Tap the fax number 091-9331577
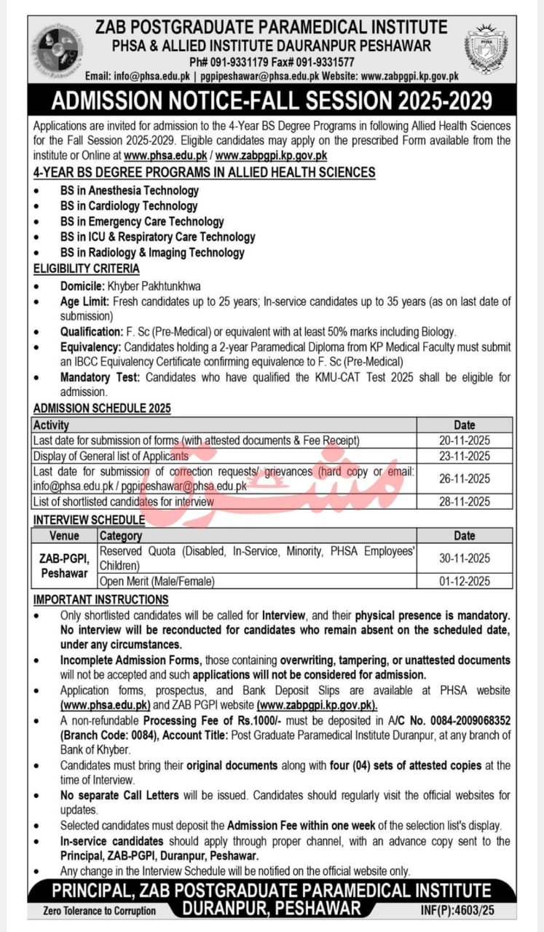pos(322,61)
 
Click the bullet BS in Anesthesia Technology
pos(130,190)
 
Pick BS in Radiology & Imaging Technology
pos(152,253)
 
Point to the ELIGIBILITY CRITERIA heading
pos(86,268)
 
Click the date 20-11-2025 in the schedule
pos(464,441)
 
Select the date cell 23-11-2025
pos(464,456)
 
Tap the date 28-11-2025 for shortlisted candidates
pos(464,502)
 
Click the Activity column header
pos(51,424)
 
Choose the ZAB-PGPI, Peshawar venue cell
pos(64,566)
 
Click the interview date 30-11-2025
pos(464,558)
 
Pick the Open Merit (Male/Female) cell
pos(157,581)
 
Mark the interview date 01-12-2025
pos(464,581)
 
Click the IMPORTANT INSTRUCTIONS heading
pos(100,599)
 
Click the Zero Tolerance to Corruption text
pos(100,910)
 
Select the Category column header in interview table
pos(121,536)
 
